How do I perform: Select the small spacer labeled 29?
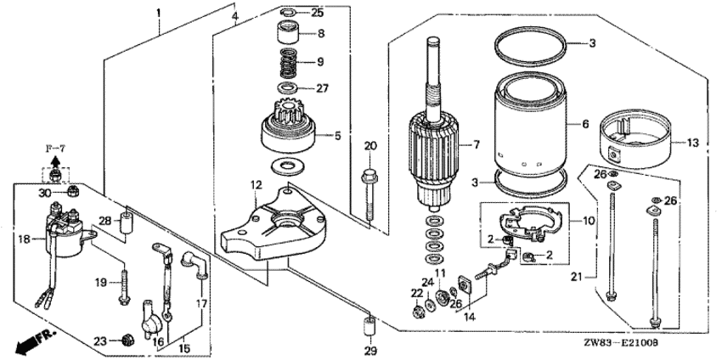coord(369,328)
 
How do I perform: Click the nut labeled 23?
coord(127,340)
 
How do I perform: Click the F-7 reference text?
coord(55,148)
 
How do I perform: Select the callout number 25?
coord(318,13)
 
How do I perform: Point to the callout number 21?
coord(577,277)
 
